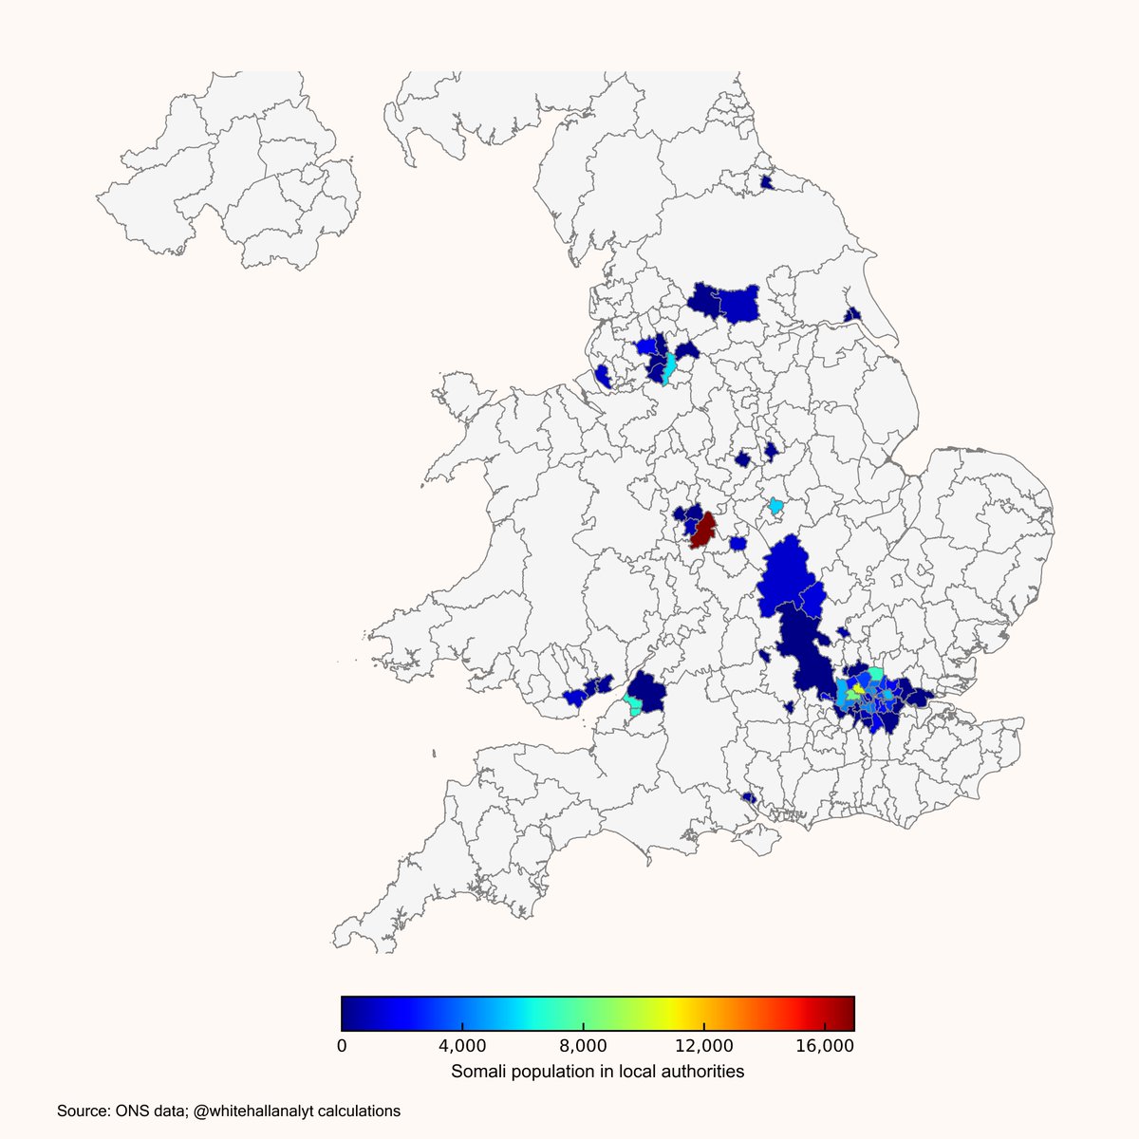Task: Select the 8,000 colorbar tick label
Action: [583, 1045]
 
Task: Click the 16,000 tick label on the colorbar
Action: [824, 1045]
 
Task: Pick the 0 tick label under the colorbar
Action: [342, 1045]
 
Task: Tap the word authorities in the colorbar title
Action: [703, 1072]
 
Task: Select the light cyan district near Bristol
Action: [633, 705]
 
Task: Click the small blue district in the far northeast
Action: [767, 180]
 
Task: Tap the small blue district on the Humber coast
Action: [852, 314]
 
